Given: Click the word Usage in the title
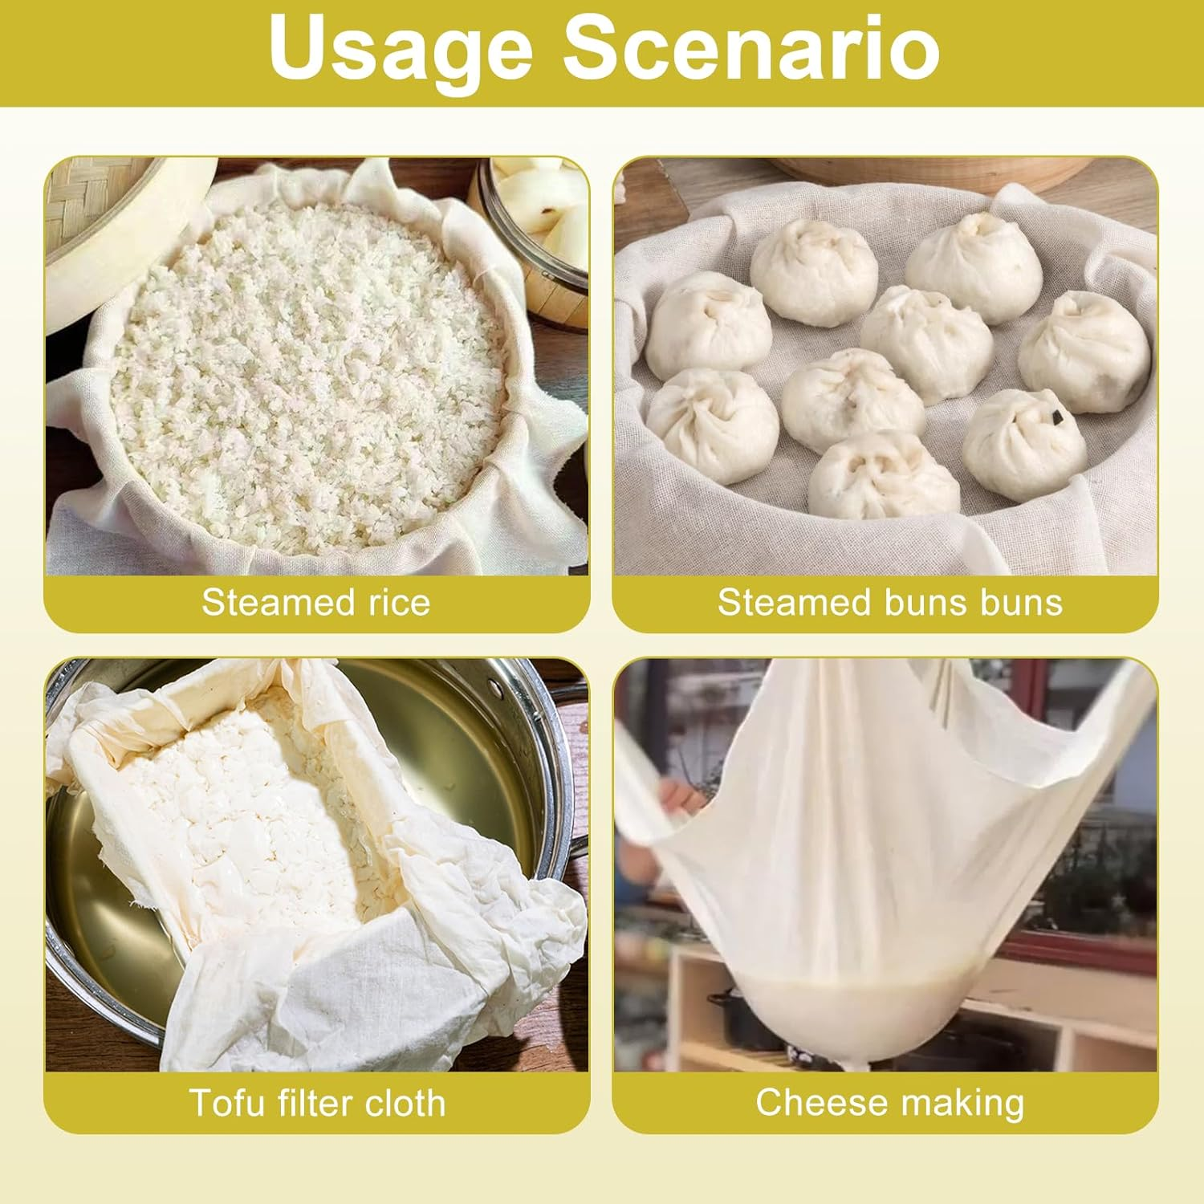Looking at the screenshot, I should coord(401,50).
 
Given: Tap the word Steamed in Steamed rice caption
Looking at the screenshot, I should coord(267,602).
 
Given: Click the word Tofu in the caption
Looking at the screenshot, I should coord(226,1103).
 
